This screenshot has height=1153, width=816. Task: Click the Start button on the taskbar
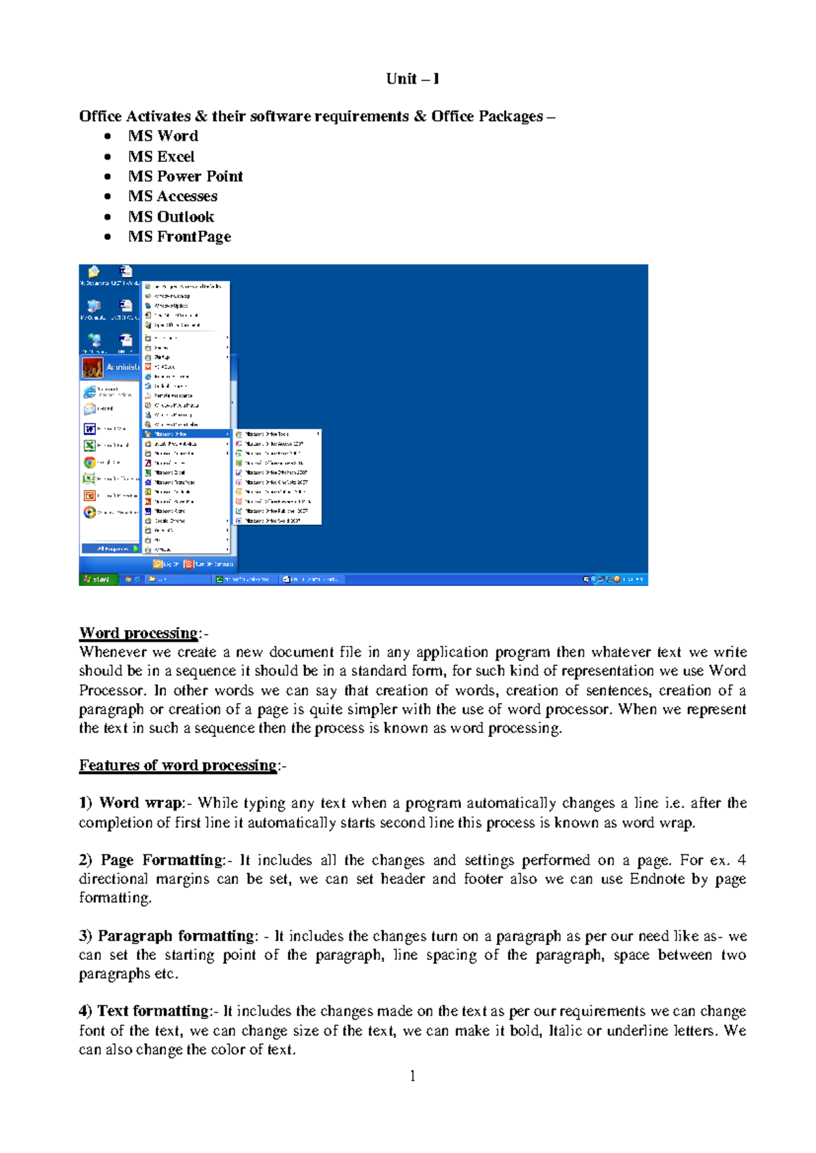click(97, 579)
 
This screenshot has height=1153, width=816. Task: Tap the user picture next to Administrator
click(92, 368)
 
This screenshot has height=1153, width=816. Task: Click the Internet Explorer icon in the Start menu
click(89, 392)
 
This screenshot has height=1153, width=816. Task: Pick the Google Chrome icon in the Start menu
click(89, 462)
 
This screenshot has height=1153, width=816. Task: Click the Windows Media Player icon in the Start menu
click(89, 512)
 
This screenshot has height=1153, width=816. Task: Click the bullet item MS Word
click(163, 136)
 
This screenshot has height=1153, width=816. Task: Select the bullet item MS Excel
click(161, 156)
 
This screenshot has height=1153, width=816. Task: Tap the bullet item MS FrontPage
click(180, 237)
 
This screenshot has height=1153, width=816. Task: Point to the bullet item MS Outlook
click(171, 217)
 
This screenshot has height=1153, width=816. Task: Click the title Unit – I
click(412, 79)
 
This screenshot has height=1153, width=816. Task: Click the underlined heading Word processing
click(139, 633)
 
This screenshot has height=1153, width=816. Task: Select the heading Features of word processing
click(178, 765)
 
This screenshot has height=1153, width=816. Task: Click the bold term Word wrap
click(140, 803)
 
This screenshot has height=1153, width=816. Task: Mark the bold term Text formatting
click(154, 1011)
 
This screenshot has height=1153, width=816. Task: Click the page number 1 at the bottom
click(413, 1075)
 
